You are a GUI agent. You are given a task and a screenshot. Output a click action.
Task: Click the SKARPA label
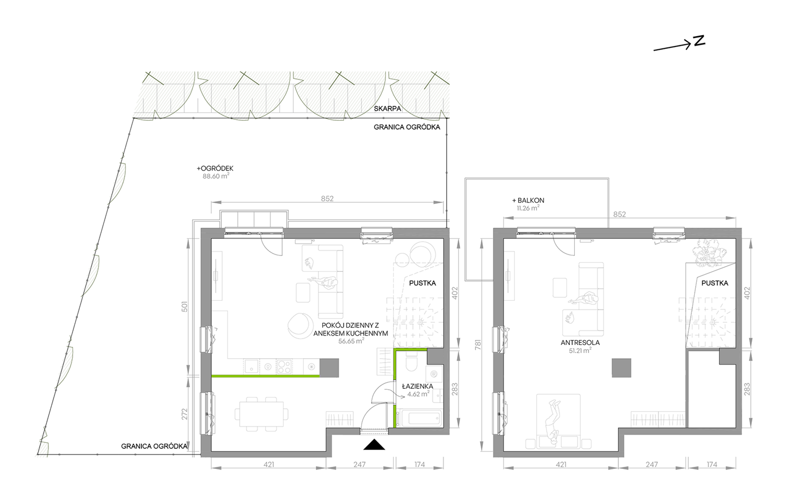click(387, 109)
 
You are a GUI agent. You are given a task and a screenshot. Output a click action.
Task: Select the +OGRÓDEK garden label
click(215, 169)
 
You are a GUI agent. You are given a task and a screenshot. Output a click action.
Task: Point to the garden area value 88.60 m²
click(216, 176)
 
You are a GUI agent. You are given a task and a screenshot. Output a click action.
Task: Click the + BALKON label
click(528, 200)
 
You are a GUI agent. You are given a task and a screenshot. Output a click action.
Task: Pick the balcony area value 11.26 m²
click(528, 208)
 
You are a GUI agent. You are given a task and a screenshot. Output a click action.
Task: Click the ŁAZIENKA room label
click(418, 386)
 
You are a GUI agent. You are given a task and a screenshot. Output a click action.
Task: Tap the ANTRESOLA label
click(580, 343)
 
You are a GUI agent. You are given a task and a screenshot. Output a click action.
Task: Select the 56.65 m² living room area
click(351, 341)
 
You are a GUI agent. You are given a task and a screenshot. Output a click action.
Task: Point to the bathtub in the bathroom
click(418, 418)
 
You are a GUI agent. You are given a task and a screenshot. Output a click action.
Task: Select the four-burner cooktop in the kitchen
click(284, 367)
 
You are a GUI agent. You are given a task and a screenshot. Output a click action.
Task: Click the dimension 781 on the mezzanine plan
click(478, 345)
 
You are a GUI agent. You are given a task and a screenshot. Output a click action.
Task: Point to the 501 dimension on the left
click(185, 307)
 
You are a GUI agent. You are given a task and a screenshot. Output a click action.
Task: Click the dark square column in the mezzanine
click(621, 368)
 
